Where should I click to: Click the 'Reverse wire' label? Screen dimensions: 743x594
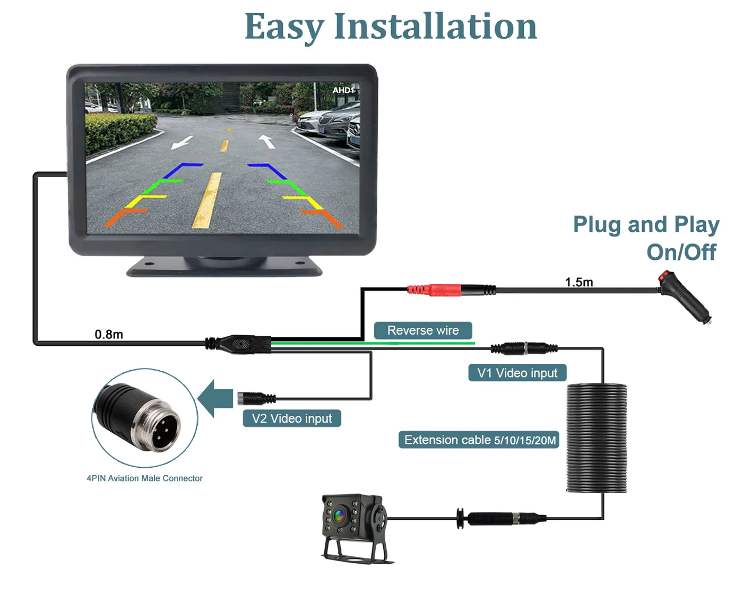[x=422, y=330]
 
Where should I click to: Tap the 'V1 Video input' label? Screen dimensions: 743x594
[x=517, y=373]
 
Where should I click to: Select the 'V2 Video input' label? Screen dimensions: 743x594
[x=292, y=418]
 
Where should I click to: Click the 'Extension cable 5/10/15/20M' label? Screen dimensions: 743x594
[x=479, y=440]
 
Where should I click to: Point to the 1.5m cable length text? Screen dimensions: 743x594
[x=579, y=282]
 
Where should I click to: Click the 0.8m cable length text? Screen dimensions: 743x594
[x=109, y=335]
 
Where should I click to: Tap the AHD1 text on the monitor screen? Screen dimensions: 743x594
[x=343, y=90]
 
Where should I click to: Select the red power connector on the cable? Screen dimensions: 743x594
[x=434, y=290]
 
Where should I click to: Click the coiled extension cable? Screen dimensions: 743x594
[x=597, y=438]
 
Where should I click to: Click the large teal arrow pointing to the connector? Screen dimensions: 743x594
[x=215, y=399]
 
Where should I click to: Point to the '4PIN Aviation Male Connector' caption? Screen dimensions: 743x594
[x=144, y=478]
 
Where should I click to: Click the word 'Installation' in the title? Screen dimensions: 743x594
[x=435, y=27]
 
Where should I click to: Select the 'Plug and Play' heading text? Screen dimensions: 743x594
[x=646, y=225]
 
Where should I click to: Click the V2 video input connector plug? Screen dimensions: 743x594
[x=256, y=398]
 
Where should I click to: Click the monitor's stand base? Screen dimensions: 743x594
[x=224, y=266]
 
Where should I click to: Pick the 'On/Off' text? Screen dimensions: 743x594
[x=681, y=252]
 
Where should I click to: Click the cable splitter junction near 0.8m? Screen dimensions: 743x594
[x=238, y=344]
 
